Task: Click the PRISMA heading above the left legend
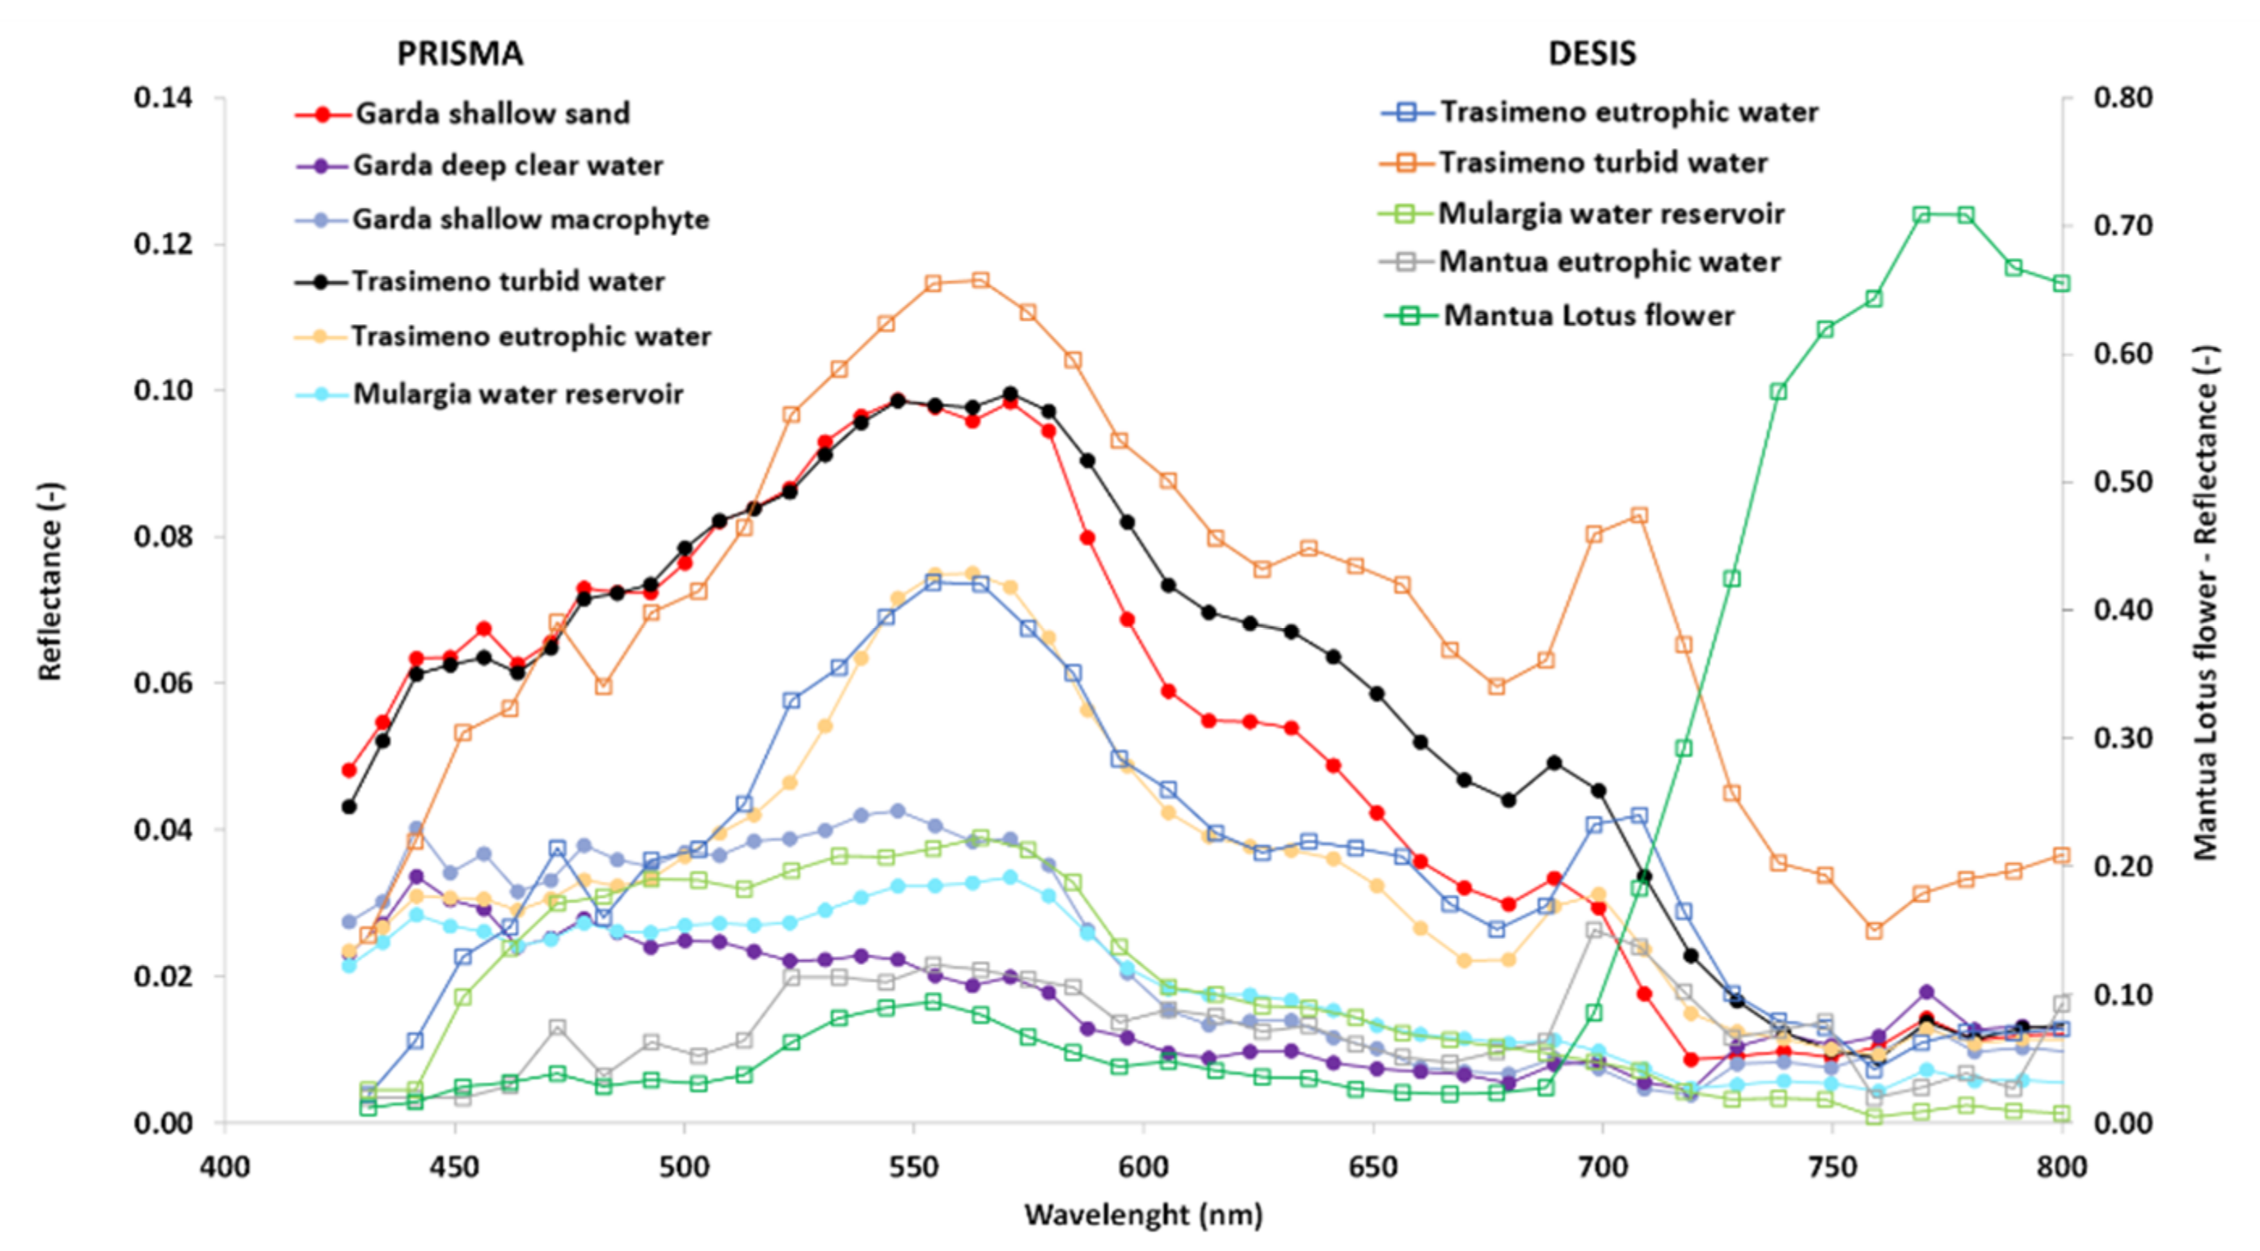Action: click(x=460, y=53)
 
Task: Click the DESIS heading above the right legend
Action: click(x=1592, y=53)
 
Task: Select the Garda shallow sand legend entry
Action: click(x=491, y=113)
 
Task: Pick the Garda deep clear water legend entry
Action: click(x=507, y=165)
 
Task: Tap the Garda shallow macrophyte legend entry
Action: click(x=530, y=218)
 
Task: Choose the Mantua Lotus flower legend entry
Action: click(x=1588, y=315)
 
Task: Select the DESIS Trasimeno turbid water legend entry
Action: click(x=1602, y=162)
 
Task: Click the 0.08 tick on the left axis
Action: click(x=163, y=536)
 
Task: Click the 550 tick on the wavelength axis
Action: click(x=914, y=1168)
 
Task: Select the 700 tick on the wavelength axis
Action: click(x=1603, y=1168)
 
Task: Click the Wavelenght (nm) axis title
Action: click(x=1143, y=1215)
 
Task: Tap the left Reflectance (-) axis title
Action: click(x=50, y=581)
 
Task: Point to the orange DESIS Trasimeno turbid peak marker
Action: click(x=980, y=280)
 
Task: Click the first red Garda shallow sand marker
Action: click(x=349, y=770)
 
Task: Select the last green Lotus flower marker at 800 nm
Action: click(x=2062, y=284)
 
